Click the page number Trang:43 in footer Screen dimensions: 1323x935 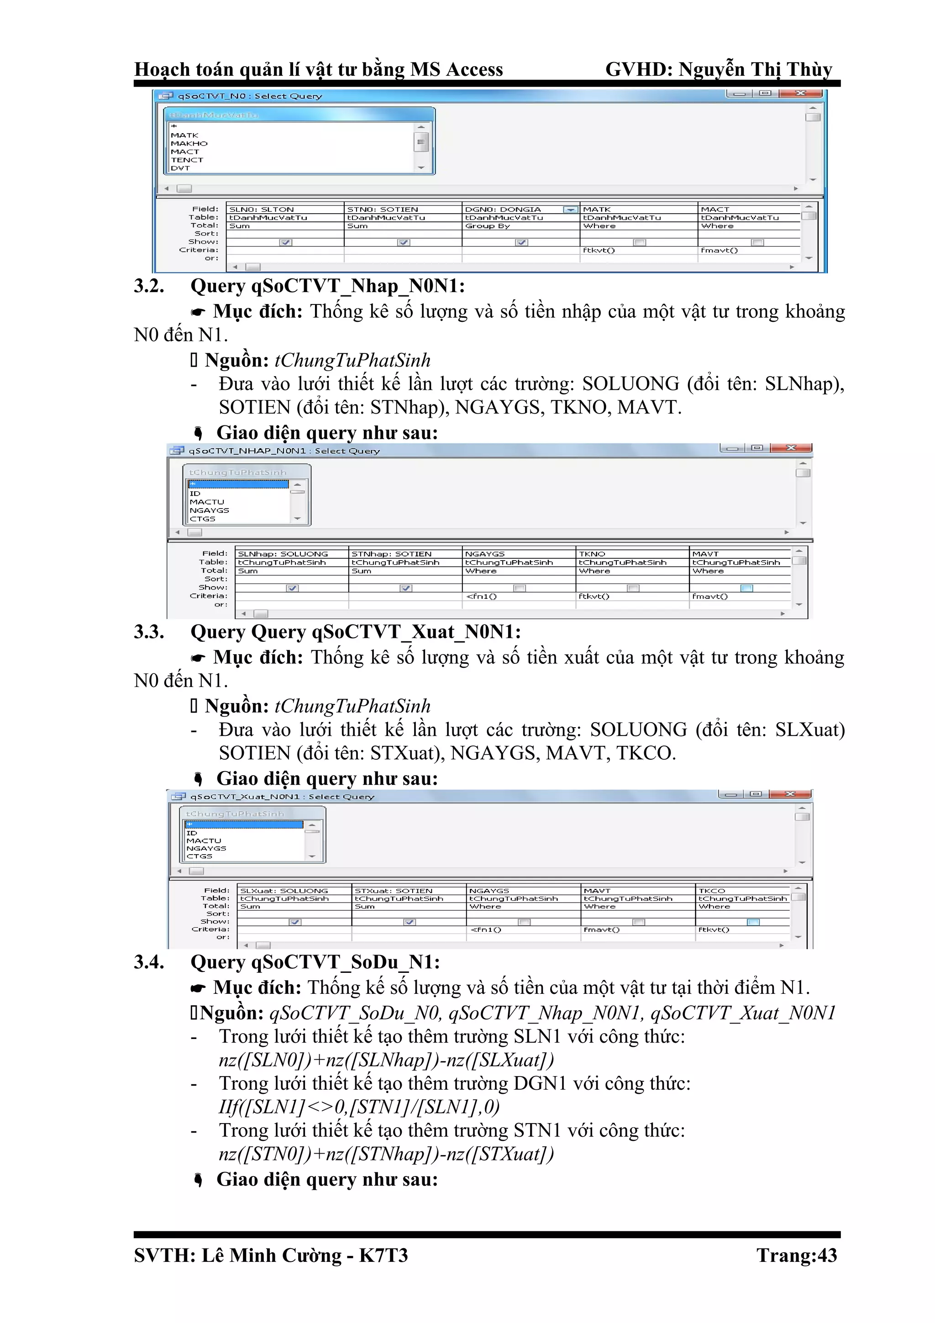[x=796, y=1255]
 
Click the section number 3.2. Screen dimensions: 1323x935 [x=149, y=286]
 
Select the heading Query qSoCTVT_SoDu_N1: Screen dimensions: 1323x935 [x=315, y=962]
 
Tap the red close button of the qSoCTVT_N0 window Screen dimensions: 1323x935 [x=800, y=93]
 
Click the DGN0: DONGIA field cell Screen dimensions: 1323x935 [x=503, y=210]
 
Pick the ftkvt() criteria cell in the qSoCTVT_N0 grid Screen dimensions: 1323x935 [x=599, y=250]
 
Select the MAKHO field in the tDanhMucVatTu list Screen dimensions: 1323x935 [x=189, y=143]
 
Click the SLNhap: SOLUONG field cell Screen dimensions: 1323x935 [x=283, y=554]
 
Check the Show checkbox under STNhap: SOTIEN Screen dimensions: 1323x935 [x=406, y=588]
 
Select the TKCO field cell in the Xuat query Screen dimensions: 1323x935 [x=712, y=891]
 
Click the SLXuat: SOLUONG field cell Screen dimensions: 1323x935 [x=284, y=891]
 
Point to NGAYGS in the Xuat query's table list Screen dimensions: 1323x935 [x=206, y=848]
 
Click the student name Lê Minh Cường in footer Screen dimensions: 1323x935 [x=271, y=1255]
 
